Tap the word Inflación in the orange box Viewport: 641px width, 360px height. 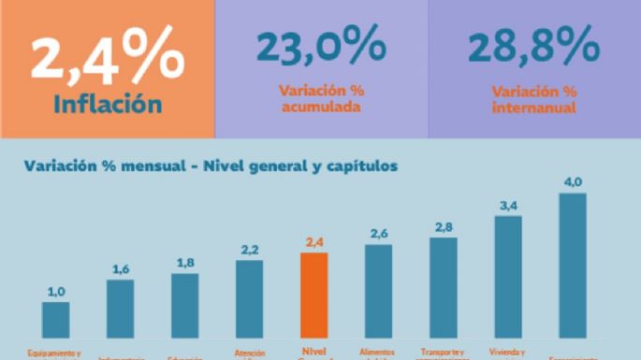tap(107, 104)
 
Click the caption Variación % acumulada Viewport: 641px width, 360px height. tap(321, 99)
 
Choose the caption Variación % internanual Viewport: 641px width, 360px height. tap(533, 99)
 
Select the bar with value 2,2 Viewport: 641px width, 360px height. tap(249, 298)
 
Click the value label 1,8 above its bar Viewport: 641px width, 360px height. tap(185, 263)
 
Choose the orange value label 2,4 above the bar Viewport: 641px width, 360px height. tap(313, 242)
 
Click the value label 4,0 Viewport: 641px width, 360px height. tap(572, 181)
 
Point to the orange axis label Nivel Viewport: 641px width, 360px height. tap(313, 353)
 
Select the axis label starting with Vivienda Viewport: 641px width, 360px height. tap(508, 353)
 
